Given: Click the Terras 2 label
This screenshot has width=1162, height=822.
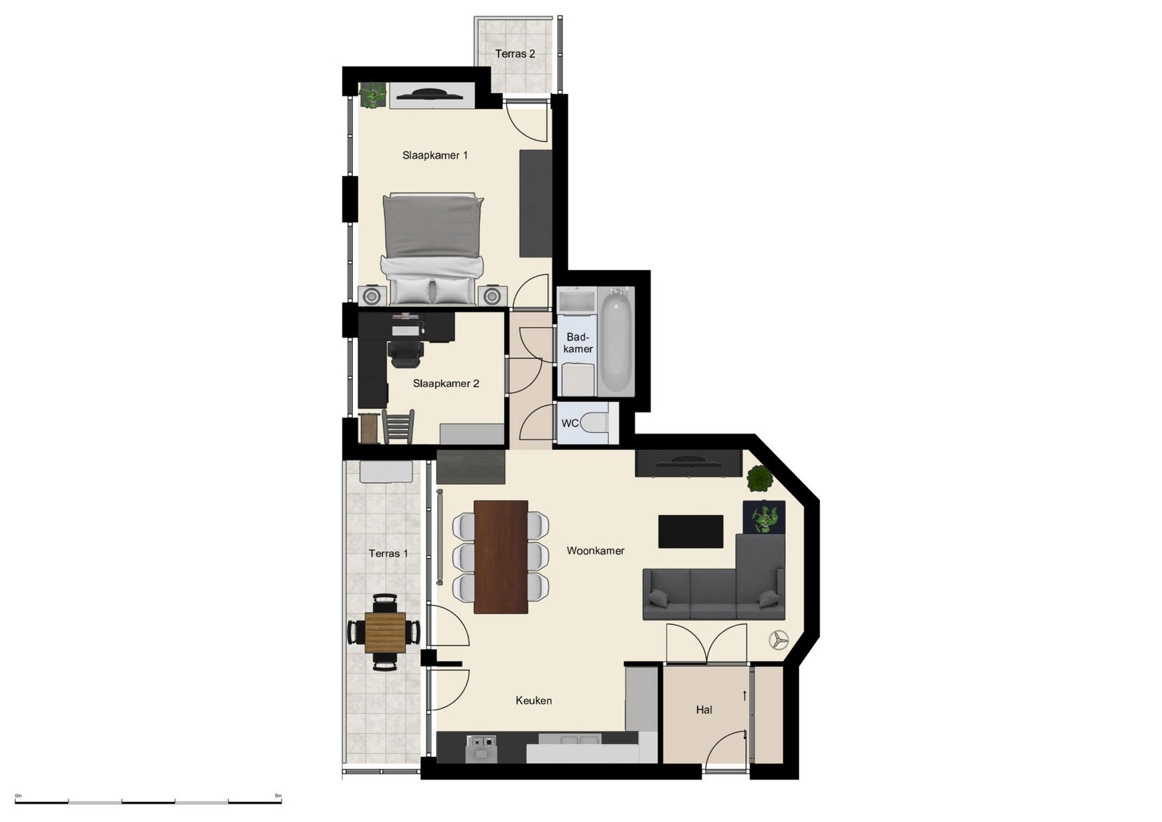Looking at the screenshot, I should pyautogui.click(x=515, y=53).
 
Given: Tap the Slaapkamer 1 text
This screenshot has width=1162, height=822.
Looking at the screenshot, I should pyautogui.click(x=435, y=155).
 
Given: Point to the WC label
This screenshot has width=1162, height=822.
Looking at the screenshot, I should pyautogui.click(x=569, y=423).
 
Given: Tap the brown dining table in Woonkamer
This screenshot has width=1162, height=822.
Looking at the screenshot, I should pyautogui.click(x=501, y=556).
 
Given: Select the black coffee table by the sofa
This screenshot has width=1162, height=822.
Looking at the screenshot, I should pyautogui.click(x=691, y=532).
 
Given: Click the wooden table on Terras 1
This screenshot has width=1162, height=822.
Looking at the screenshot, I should pyautogui.click(x=385, y=632).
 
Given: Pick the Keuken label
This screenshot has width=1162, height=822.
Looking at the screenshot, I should pyautogui.click(x=534, y=701).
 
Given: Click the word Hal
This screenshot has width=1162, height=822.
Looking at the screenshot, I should pyautogui.click(x=704, y=710).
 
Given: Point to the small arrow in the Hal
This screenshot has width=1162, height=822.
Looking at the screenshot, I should pyautogui.click(x=745, y=696).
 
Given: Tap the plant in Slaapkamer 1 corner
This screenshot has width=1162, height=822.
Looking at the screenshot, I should pyautogui.click(x=373, y=95).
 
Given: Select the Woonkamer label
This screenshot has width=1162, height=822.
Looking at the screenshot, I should pyautogui.click(x=595, y=551).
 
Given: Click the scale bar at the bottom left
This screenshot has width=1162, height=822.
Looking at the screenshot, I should pyautogui.click(x=148, y=801).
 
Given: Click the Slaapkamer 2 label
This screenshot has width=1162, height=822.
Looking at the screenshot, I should pyautogui.click(x=446, y=384).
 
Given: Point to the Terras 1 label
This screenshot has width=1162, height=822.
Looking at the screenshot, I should pyautogui.click(x=388, y=553).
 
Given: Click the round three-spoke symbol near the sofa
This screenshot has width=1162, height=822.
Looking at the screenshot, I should pyautogui.click(x=778, y=640).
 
